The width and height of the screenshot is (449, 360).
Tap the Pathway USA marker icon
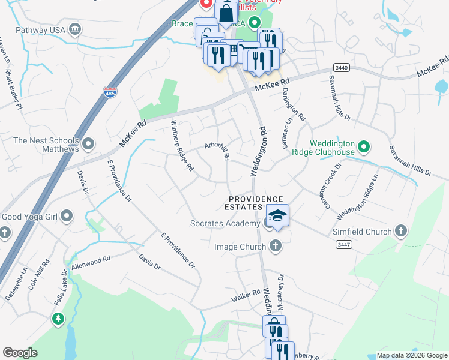[75, 29]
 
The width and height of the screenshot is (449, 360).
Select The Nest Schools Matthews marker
[89, 143]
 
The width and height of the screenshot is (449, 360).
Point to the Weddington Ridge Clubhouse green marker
[363, 146]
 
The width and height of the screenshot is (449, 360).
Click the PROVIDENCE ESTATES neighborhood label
[255, 203]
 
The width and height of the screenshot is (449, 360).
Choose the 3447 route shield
[343, 244]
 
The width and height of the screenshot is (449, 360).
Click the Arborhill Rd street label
[217, 151]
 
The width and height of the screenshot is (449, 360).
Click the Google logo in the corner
[20, 352]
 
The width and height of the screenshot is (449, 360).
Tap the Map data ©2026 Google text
[411, 355]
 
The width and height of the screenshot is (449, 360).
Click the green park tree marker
[58, 318]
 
